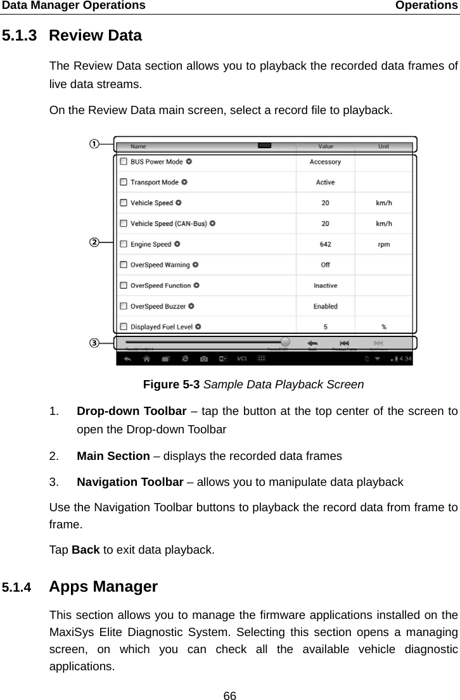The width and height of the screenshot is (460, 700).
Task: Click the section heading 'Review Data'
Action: click(x=95, y=35)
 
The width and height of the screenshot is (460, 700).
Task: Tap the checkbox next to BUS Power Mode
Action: click(x=123, y=162)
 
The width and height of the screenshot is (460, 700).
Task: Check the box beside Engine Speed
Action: click(x=123, y=244)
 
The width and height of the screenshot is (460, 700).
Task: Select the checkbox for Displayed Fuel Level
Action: click(x=123, y=327)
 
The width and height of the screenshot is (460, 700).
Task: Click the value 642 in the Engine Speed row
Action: click(x=325, y=244)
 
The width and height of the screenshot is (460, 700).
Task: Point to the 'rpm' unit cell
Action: click(x=383, y=244)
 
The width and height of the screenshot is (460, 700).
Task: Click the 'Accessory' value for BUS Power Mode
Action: click(x=325, y=162)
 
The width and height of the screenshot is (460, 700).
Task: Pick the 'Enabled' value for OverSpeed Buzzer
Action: click(x=325, y=306)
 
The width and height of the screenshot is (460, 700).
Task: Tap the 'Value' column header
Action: click(x=325, y=146)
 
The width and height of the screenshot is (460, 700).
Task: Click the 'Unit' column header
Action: click(x=383, y=146)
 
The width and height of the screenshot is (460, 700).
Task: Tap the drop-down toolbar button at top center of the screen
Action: click(x=265, y=146)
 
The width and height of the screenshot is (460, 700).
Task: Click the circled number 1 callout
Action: click(x=94, y=144)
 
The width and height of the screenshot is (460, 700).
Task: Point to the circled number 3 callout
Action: click(x=94, y=343)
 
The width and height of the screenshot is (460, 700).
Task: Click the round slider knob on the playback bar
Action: click(x=285, y=341)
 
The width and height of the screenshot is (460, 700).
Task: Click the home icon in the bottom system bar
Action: click(x=146, y=359)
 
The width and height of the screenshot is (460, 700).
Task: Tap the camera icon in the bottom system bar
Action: click(x=203, y=359)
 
